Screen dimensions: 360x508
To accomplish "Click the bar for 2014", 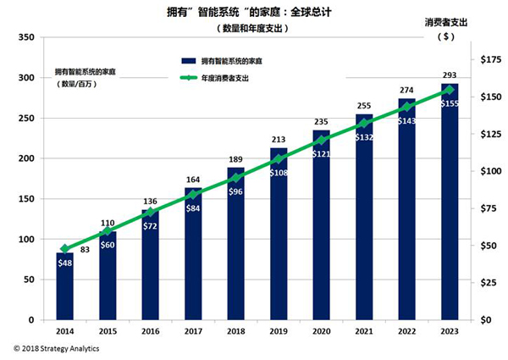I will [x=65, y=288].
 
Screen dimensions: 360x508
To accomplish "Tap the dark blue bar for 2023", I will [x=450, y=212].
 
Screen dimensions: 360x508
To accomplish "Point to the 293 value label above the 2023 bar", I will [x=450, y=75].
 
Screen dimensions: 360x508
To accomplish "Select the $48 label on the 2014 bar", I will [x=65, y=263].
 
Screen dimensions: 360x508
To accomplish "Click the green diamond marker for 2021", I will [x=364, y=124].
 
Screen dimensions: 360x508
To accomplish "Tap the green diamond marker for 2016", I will [x=151, y=213].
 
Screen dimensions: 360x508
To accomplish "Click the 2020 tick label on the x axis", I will [x=321, y=332].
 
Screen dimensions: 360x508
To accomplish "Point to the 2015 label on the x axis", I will [x=108, y=332].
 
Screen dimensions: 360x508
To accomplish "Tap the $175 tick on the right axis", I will [x=489, y=60].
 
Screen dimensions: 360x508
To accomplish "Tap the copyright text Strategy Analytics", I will [x=55, y=347].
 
